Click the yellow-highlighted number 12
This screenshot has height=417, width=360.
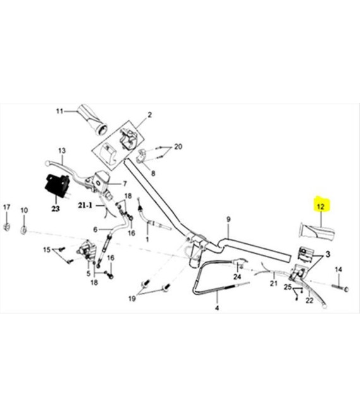click(x=321, y=207)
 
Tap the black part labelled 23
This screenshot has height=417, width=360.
click(x=57, y=185)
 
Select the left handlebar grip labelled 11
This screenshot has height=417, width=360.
click(x=92, y=119)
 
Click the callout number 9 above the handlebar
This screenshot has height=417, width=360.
click(x=229, y=220)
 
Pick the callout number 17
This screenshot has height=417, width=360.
click(x=7, y=207)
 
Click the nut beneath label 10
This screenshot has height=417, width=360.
click(x=23, y=230)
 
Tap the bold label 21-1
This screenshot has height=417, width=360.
click(x=85, y=205)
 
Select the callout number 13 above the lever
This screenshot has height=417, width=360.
click(x=62, y=150)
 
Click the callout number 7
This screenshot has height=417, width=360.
click(x=124, y=184)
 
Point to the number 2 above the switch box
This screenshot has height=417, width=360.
click(x=150, y=115)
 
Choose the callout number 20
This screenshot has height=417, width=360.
click(x=178, y=147)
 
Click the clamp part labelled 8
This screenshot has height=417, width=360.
click(x=141, y=156)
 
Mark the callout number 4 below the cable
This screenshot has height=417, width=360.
click(x=217, y=308)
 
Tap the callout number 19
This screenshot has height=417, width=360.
click(x=132, y=299)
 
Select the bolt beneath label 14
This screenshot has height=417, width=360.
click(x=340, y=288)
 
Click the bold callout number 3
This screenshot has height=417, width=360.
click(x=328, y=255)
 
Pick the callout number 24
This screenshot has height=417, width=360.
click(x=237, y=277)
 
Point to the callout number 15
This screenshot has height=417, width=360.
click(x=47, y=250)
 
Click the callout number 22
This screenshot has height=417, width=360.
click(x=309, y=301)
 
